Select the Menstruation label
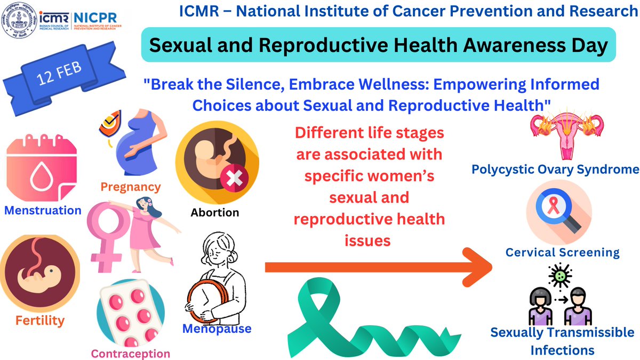pyautogui.click(x=43, y=210)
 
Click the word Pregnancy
pyautogui.click(x=130, y=187)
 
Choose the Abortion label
pyautogui.click(x=215, y=213)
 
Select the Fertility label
pyautogui.click(x=39, y=321)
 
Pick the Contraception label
pyautogui.click(x=131, y=353)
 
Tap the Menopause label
pyautogui.click(x=217, y=329)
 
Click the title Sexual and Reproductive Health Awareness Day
pyautogui.click(x=378, y=45)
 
